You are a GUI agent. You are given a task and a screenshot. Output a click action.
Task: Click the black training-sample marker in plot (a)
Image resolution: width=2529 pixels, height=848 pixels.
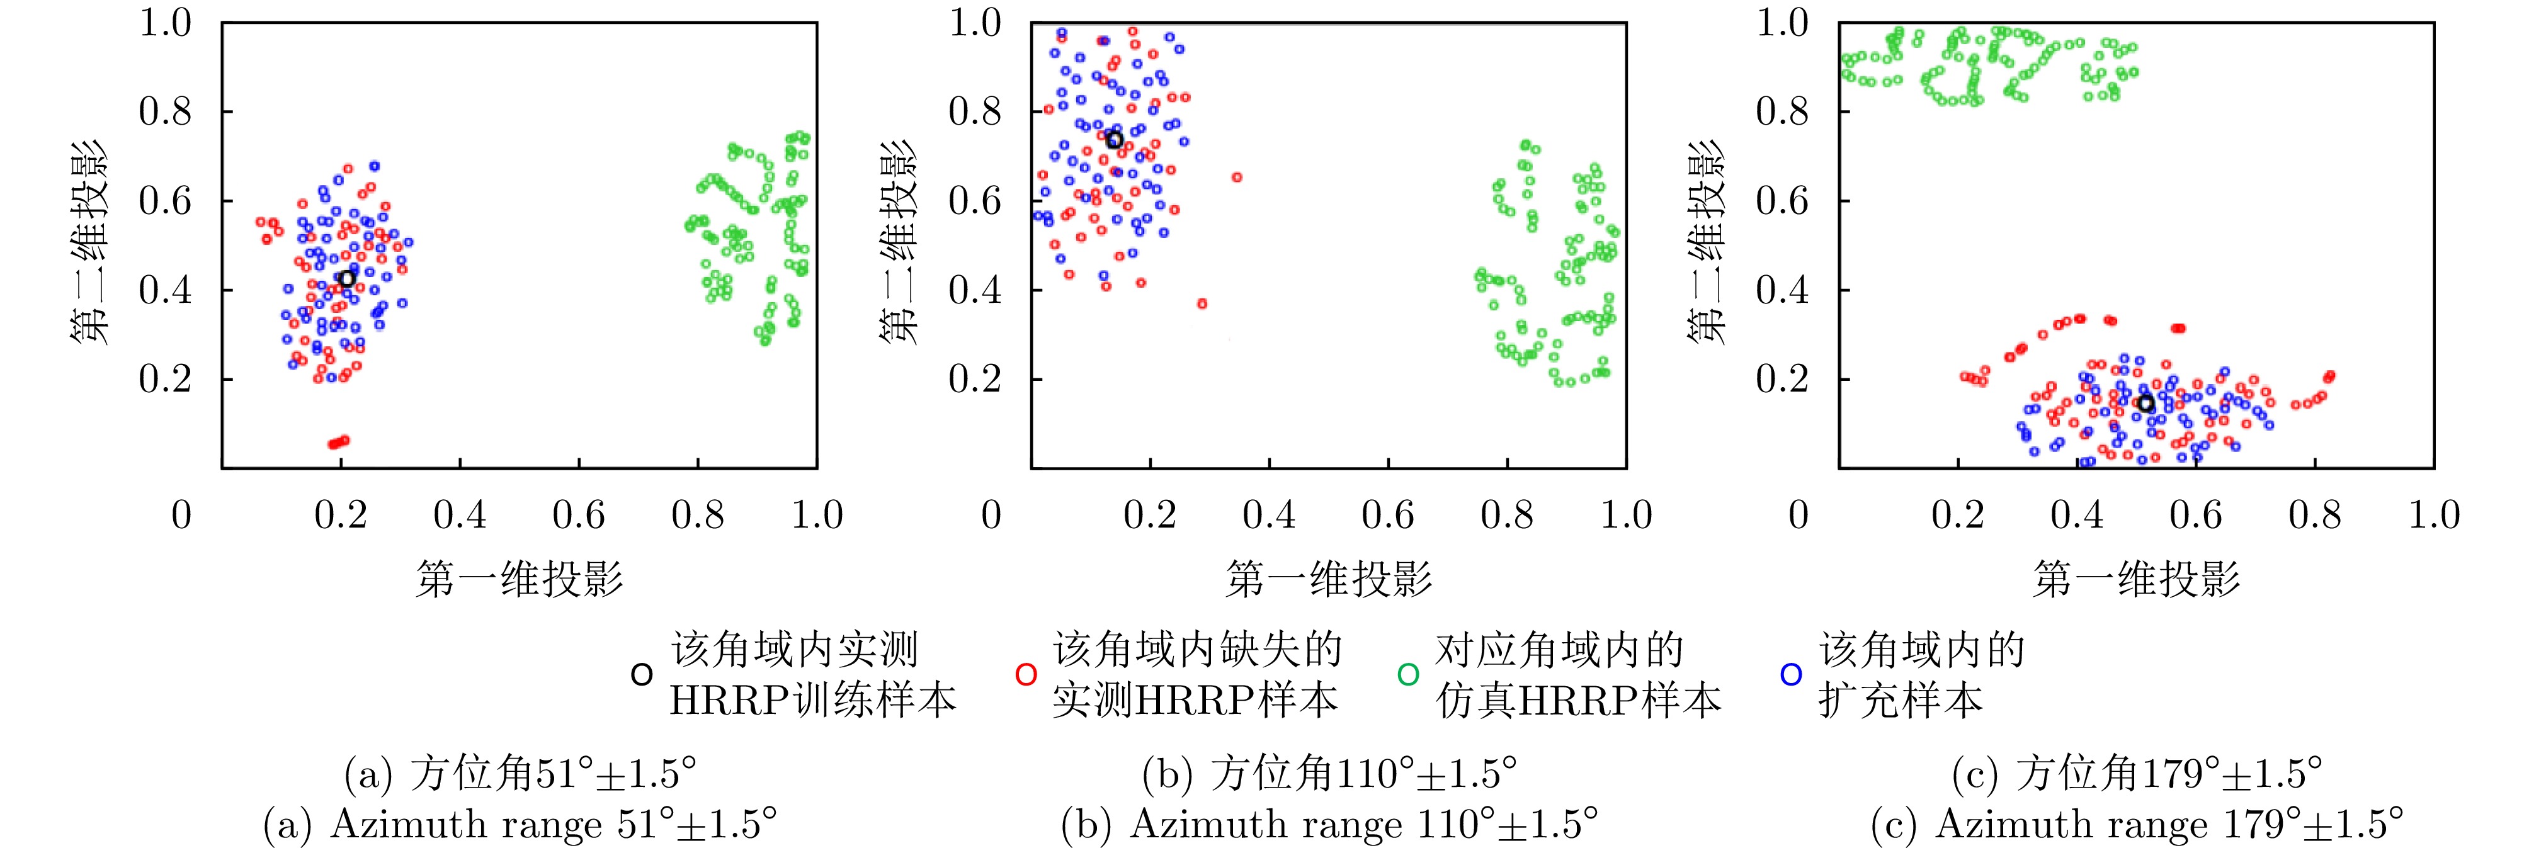pos(346,279)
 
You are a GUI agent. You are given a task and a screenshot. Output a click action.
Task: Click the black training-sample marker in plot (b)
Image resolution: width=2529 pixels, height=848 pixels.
pos(1114,140)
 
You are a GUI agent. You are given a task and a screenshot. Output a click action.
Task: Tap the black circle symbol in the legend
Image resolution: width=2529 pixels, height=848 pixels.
pos(641,676)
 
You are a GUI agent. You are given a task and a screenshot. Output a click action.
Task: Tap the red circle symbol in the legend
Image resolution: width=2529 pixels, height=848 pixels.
pos(1026,676)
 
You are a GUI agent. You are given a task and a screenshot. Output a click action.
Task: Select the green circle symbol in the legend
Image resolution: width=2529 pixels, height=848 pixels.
pos(1408,676)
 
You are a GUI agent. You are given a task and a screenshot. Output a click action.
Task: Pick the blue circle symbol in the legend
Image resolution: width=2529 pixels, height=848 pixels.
pos(1791,676)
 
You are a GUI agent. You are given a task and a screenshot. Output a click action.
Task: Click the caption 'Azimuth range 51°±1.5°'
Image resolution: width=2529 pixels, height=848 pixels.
pos(520,825)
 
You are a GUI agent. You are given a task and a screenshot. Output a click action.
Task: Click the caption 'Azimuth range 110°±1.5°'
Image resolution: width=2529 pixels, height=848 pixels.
pos(1329,825)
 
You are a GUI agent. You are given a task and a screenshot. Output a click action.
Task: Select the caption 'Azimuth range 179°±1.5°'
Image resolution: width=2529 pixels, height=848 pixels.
pos(2137,825)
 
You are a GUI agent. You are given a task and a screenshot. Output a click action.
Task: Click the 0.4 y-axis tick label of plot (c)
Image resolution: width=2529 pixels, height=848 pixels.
pos(1782,290)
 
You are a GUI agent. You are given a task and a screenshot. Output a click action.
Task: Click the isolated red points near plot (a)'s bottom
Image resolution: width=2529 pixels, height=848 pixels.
pos(339,443)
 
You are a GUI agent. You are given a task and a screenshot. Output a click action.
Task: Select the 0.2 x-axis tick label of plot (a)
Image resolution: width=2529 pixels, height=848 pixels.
pos(341,515)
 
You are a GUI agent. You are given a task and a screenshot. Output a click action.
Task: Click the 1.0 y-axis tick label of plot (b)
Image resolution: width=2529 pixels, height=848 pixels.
pos(975,23)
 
